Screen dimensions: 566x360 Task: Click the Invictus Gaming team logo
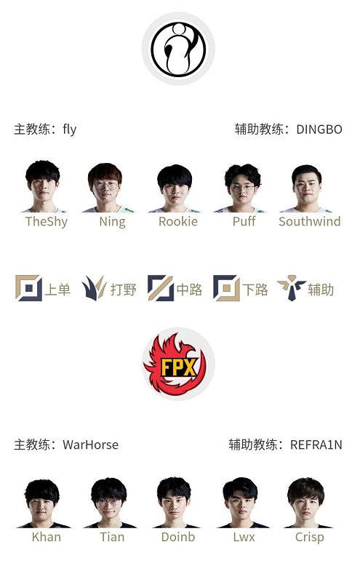tap(178, 49)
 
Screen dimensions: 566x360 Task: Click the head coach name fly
tap(69, 129)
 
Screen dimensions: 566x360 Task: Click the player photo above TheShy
tap(43, 187)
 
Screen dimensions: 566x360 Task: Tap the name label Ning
tap(112, 222)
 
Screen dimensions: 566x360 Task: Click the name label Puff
tap(244, 222)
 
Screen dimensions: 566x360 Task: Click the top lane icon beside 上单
tap(29, 288)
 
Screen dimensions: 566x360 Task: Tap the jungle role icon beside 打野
tap(95, 288)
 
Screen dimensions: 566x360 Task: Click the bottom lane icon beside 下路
tap(226, 288)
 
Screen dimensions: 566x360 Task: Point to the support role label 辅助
tap(321, 290)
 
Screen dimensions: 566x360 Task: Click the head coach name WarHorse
tap(90, 445)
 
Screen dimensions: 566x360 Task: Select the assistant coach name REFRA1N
tap(316, 445)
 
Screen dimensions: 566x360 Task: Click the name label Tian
tap(112, 538)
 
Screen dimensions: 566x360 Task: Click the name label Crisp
tap(310, 538)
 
